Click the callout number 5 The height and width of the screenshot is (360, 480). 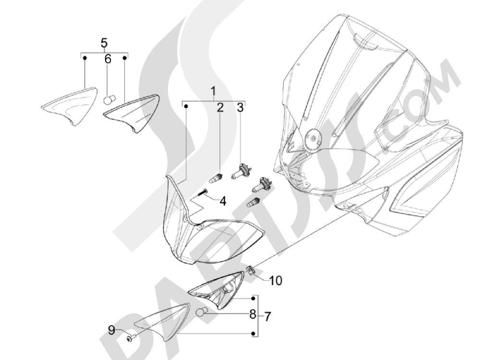tap(104, 43)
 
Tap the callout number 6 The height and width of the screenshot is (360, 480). tap(108, 59)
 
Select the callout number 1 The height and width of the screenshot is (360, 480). tap(213, 92)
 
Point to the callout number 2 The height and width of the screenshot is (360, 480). tap(220, 108)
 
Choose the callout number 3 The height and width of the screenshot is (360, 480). tap(240, 108)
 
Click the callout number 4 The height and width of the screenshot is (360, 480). tap(223, 201)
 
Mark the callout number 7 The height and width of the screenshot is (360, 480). tap(267, 317)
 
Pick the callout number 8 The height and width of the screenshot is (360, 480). tap(252, 314)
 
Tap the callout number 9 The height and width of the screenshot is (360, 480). tap(112, 330)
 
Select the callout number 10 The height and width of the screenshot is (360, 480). tap(276, 280)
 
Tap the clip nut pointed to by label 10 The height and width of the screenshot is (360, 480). tap(251, 271)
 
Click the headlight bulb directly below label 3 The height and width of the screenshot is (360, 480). tap(241, 171)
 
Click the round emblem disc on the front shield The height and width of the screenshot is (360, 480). tap(314, 139)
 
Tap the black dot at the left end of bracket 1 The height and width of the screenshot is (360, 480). tap(186, 106)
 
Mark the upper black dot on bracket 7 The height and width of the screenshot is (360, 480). tap(253, 299)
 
